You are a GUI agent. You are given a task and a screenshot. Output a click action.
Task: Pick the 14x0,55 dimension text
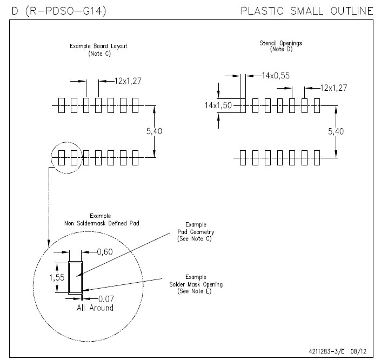pos(276,76)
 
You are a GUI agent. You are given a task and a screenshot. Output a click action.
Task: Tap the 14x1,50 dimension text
pos(218,105)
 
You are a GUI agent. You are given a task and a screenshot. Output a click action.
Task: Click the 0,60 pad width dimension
pos(105,251)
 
